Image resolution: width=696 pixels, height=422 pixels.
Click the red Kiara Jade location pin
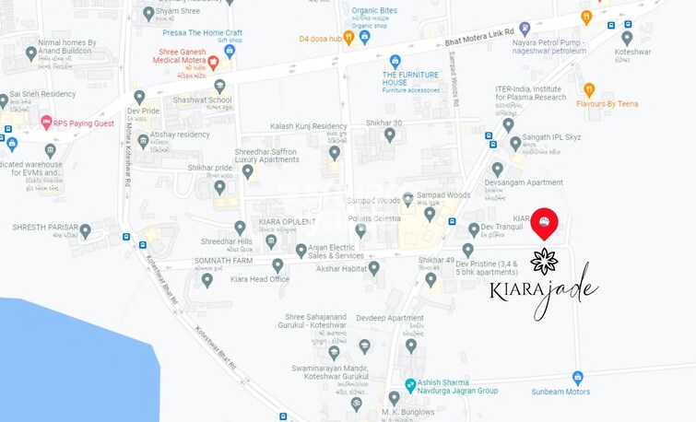(544, 222)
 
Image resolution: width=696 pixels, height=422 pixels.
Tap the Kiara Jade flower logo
(544, 261)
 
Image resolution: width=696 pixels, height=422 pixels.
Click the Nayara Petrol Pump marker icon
(525, 29)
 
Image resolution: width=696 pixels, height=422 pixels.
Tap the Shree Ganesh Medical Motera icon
(213, 63)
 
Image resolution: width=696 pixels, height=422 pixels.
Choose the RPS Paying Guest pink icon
(46, 122)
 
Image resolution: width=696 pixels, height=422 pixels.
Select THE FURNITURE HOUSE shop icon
(395, 61)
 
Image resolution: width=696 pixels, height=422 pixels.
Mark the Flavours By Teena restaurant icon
(589, 89)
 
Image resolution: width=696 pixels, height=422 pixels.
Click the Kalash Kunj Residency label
(309, 126)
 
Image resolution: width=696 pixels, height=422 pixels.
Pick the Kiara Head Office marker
(206, 279)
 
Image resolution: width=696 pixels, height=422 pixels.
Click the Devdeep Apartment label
(390, 318)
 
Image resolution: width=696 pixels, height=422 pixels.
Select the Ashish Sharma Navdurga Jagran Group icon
(410, 385)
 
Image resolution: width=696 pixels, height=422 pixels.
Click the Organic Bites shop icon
(364, 38)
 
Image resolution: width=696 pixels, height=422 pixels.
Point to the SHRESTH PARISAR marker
(85, 231)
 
